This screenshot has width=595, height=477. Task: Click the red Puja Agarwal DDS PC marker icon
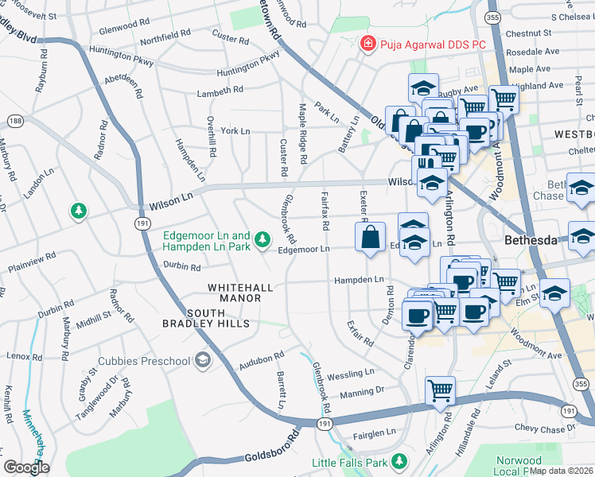(367, 44)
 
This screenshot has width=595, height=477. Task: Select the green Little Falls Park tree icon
(399, 462)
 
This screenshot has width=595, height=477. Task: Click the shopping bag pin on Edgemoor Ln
(371, 237)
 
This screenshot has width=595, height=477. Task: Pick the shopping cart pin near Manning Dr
(440, 390)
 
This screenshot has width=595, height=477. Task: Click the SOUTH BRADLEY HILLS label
(207, 318)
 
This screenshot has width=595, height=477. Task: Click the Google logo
(26, 467)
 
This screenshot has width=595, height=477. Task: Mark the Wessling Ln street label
(350, 372)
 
